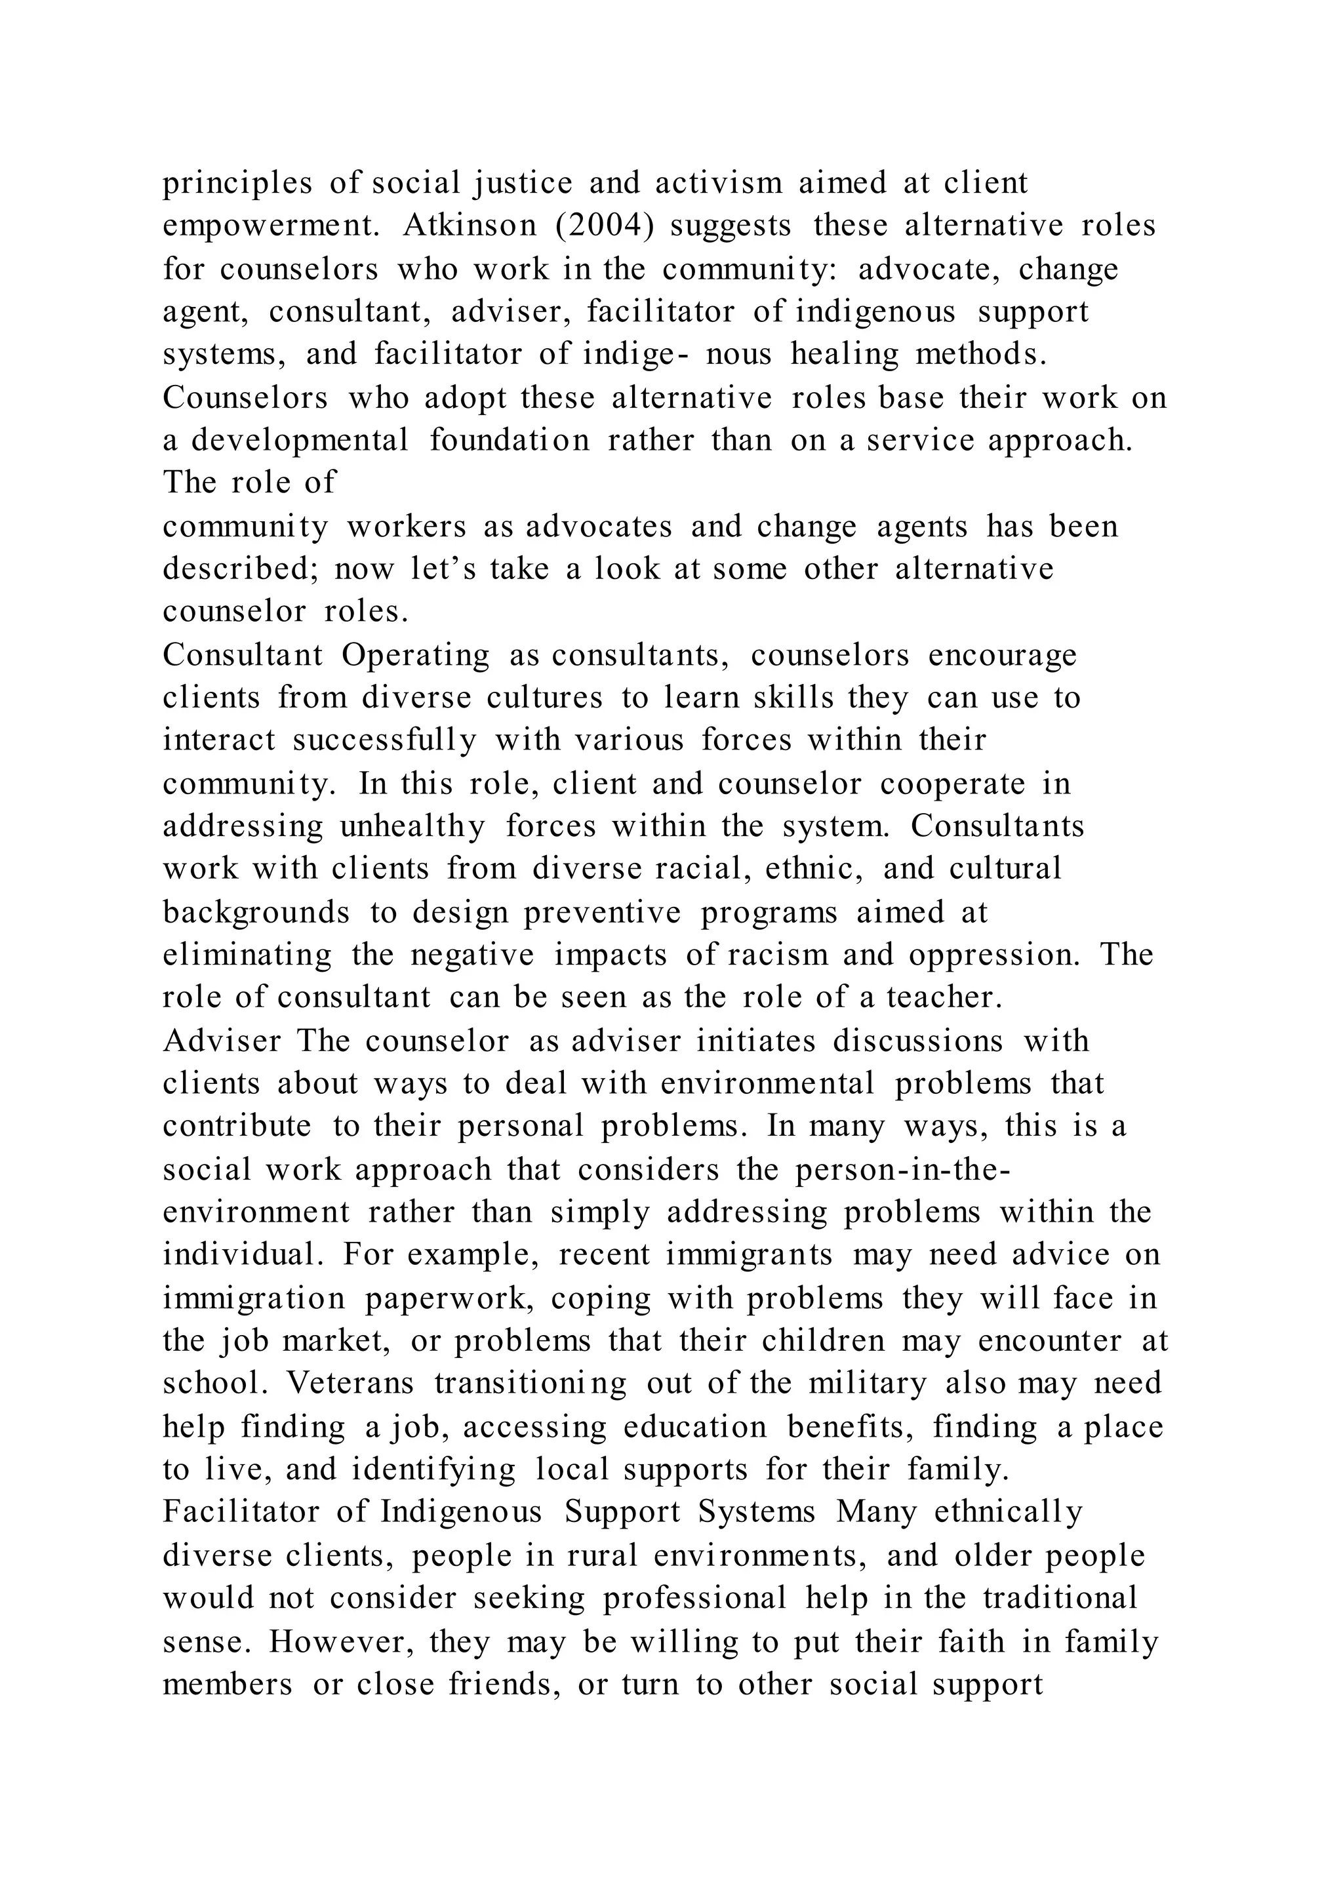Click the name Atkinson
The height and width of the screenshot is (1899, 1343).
click(x=470, y=226)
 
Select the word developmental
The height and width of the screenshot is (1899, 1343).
click(x=300, y=441)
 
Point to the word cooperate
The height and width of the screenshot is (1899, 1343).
click(x=952, y=784)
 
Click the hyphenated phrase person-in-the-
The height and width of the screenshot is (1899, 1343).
click(x=903, y=1170)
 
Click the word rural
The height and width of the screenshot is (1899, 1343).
click(x=602, y=1556)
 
